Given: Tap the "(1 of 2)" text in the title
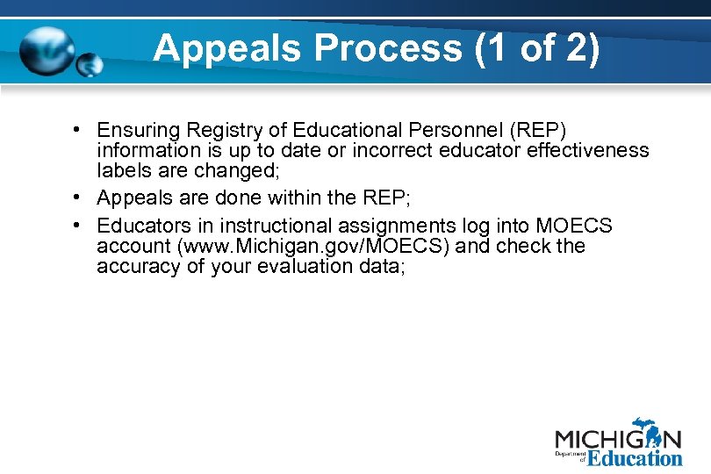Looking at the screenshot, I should point(536,49).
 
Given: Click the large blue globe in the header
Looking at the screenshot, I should point(48,54).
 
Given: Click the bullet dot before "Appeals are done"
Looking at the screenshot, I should point(79,197).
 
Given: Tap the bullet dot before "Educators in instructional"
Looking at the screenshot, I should point(79,226).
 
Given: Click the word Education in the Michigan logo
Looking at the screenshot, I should point(634,457).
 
